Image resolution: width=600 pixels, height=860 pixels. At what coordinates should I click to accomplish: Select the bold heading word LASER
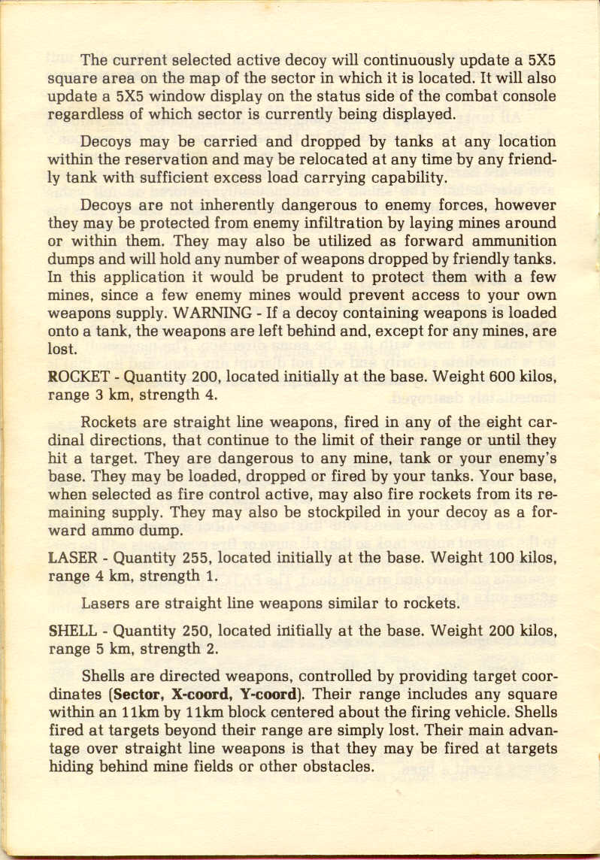pos(70,559)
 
